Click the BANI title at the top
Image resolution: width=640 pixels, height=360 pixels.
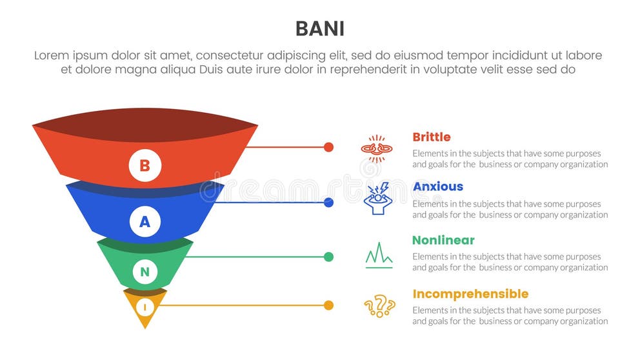pos(320,28)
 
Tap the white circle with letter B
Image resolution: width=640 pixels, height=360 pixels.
pos(145,165)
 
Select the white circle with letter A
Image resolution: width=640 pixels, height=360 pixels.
pos(145,222)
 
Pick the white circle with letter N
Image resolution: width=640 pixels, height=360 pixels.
pos(145,272)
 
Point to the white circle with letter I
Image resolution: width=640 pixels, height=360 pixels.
pos(145,308)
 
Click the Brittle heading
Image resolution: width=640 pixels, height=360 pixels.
pos(431,137)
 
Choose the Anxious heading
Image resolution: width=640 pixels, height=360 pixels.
pos(437,186)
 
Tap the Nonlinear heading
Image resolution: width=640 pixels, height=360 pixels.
pos(443,240)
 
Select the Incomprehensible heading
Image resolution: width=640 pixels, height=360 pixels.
pos(470,294)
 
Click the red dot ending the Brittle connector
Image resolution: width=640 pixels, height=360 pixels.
pos(328,147)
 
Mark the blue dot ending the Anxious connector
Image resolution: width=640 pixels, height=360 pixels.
pos(328,203)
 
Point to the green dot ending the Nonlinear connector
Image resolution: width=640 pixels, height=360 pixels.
pos(328,257)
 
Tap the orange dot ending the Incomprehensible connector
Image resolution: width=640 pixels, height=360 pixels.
pos(328,305)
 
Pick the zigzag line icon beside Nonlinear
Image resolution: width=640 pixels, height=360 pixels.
pos(379,255)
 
